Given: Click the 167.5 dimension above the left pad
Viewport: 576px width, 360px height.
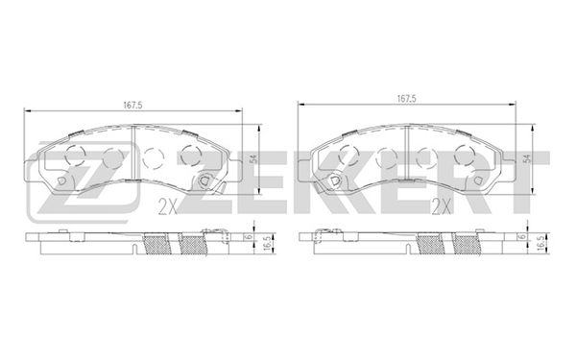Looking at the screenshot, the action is [x=132, y=105].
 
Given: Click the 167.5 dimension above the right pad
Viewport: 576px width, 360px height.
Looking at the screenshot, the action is [x=406, y=99].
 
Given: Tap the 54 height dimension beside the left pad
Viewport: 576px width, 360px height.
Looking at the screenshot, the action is [x=253, y=159].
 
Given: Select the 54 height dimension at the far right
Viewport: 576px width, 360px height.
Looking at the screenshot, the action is [x=527, y=159].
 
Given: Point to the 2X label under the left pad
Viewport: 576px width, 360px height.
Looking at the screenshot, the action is [x=167, y=208].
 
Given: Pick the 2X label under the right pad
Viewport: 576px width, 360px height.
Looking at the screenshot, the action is [x=442, y=207].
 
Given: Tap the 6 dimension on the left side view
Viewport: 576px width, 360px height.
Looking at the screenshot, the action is [x=250, y=237].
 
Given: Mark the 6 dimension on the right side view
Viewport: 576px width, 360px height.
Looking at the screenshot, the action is [x=523, y=237].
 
